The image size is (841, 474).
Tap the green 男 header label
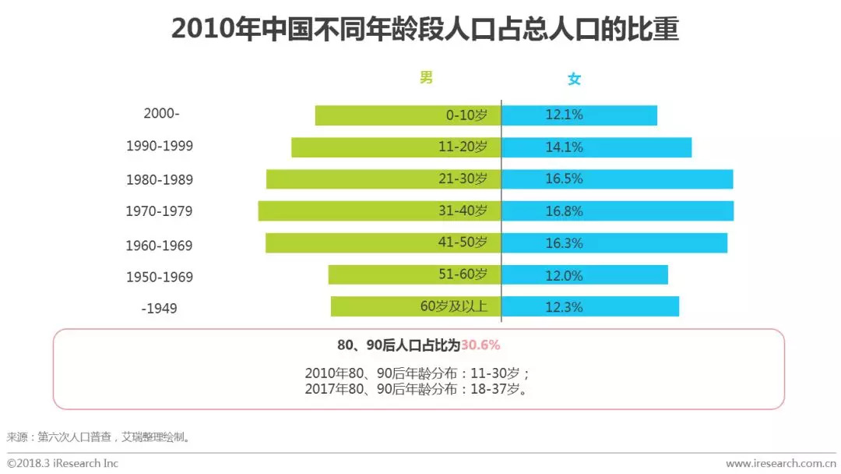pyautogui.click(x=426, y=77)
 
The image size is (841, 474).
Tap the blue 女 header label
pyautogui.click(x=574, y=79)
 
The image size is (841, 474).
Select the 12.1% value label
pyautogui.click(x=564, y=115)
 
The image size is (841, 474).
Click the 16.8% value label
pyautogui.click(x=564, y=211)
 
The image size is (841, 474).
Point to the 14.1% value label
pyautogui.click(x=564, y=147)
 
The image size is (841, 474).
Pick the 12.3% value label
pyautogui.click(x=564, y=307)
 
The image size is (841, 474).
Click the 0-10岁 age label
pyautogui.click(x=466, y=115)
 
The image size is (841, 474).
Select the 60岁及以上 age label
pyautogui.click(x=454, y=306)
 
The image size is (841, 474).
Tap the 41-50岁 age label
pyautogui.click(x=463, y=242)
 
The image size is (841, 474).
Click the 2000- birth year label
pyautogui.click(x=161, y=113)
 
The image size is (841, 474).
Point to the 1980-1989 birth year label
pyautogui.click(x=160, y=180)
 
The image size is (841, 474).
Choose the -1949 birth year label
pyautogui.click(x=160, y=309)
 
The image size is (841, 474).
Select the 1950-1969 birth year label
pyautogui.click(x=160, y=277)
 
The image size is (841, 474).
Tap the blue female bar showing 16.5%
pyautogui.click(x=662, y=179)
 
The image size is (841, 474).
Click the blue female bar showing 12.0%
pyautogui.click(x=631, y=274)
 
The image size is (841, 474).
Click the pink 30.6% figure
pyautogui.click(x=480, y=345)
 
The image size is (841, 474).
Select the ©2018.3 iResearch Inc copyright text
pyautogui.click(x=63, y=463)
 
